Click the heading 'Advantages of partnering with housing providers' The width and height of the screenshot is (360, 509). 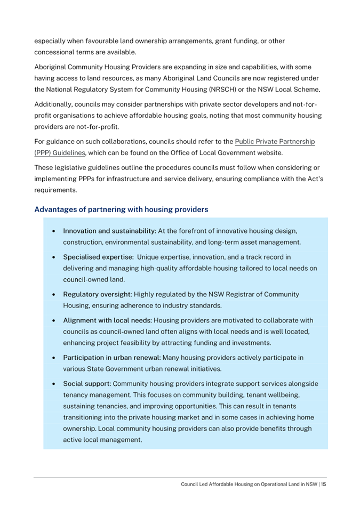coord(121,209)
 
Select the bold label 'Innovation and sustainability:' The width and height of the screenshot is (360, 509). coord(108,231)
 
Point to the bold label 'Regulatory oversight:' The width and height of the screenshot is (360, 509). coord(97,294)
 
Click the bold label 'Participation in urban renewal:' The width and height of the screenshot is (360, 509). coord(112,357)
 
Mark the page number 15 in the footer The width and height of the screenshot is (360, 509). coord(323,484)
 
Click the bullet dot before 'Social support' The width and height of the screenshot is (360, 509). coord(54,384)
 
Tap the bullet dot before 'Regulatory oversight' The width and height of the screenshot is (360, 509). coord(54,295)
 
